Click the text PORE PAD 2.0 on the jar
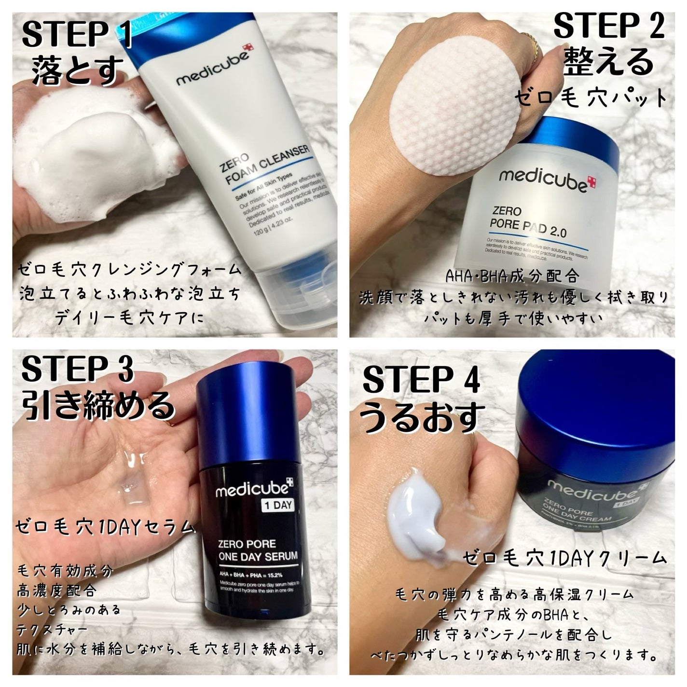528,227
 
